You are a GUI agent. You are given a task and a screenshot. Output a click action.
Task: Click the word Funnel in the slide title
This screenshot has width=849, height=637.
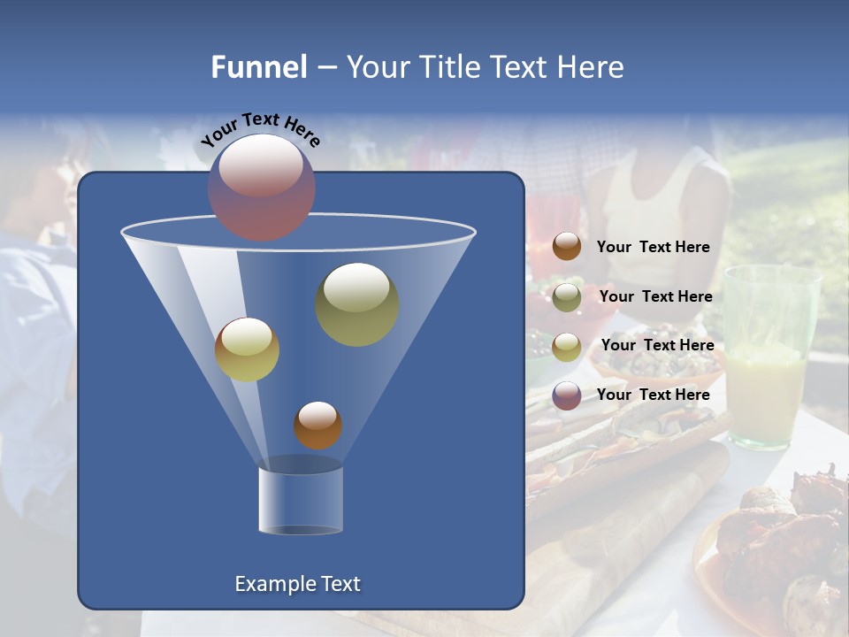(259, 67)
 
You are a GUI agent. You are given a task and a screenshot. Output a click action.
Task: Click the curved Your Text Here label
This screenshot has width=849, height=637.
(260, 128)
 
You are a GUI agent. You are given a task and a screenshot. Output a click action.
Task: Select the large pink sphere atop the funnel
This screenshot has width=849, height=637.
(261, 187)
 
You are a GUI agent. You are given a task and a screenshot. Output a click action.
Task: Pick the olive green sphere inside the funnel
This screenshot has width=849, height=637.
(357, 303)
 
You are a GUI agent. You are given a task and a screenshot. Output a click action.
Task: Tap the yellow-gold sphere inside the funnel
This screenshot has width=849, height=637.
(247, 349)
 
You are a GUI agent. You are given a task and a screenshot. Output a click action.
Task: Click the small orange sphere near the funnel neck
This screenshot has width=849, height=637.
(317, 425)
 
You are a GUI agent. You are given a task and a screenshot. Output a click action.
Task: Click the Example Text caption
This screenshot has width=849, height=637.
(297, 584)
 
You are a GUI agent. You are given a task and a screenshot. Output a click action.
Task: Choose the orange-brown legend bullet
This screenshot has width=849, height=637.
(567, 247)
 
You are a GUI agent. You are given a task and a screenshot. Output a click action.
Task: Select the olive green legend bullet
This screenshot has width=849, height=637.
(567, 296)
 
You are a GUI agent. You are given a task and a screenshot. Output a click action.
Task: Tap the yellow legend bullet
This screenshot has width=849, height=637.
(567, 346)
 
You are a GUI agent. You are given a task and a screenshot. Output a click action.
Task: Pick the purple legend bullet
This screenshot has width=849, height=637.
(567, 395)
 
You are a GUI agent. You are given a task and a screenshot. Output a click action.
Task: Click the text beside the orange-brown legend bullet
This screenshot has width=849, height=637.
(653, 248)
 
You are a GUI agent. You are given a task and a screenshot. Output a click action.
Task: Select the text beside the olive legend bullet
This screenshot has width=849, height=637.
(655, 297)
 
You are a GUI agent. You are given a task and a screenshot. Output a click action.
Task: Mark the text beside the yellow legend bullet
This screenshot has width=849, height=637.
(657, 345)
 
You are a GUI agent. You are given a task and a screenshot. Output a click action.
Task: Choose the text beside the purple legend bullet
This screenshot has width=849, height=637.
(653, 395)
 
